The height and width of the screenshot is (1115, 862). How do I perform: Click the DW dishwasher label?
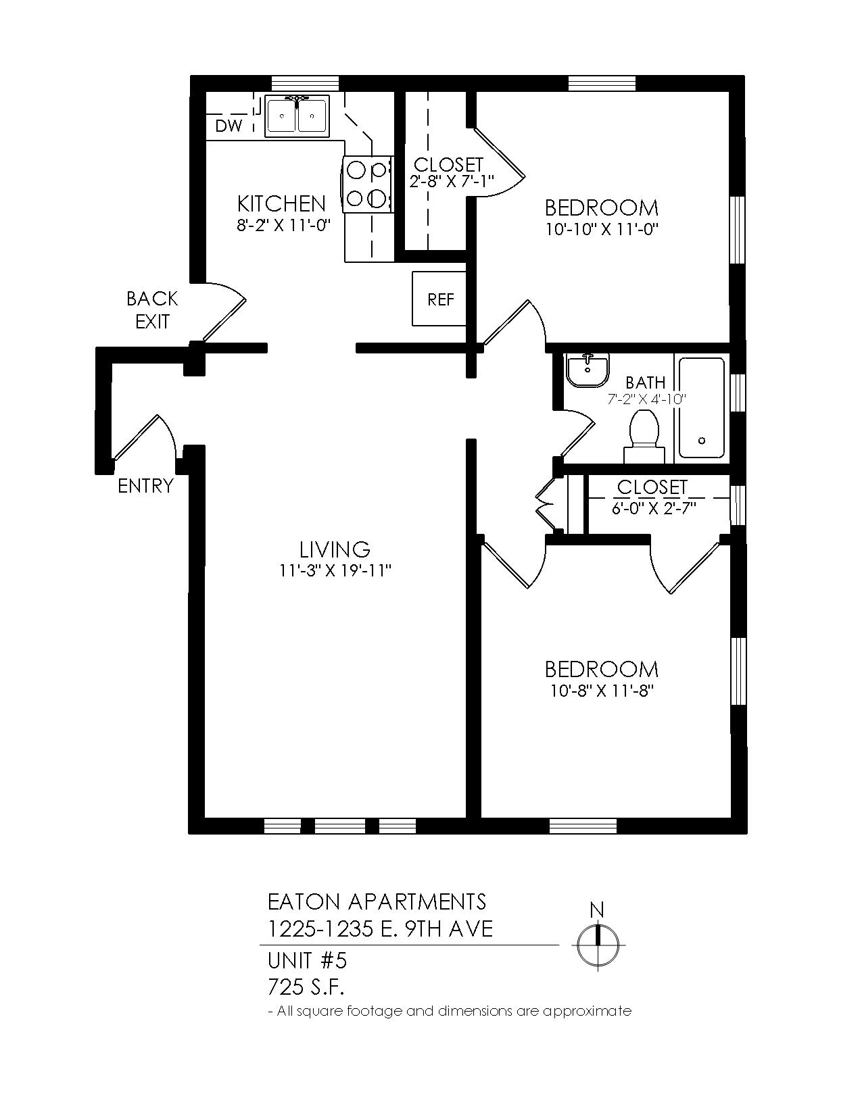pyautogui.click(x=229, y=126)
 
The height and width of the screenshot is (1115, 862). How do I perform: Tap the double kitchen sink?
pyautogui.click(x=297, y=116)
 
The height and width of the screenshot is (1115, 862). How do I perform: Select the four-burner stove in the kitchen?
pyautogui.click(x=368, y=184)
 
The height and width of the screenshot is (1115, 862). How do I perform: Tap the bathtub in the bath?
pyautogui.click(x=702, y=407)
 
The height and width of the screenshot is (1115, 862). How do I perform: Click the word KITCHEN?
pyautogui.click(x=281, y=203)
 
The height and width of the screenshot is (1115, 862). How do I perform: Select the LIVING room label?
pyautogui.click(x=335, y=549)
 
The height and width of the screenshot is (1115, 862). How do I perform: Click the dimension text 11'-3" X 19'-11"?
pyautogui.click(x=335, y=570)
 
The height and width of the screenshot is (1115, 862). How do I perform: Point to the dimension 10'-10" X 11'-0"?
pyautogui.click(x=601, y=229)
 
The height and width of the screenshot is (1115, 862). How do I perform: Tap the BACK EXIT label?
pyautogui.click(x=152, y=310)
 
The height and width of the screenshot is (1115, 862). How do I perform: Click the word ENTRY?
pyautogui.click(x=145, y=485)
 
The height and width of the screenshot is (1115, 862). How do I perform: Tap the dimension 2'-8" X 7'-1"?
pyautogui.click(x=451, y=181)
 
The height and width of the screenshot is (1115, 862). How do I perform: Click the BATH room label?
pyautogui.click(x=646, y=382)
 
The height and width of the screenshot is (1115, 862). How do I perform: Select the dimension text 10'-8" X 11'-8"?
pyautogui.click(x=601, y=691)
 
